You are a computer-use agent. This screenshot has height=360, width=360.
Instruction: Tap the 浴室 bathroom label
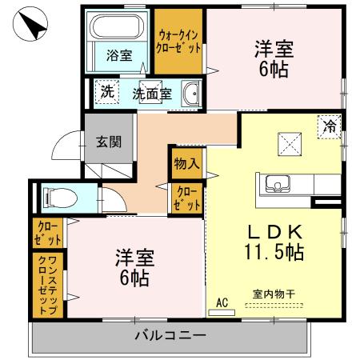coord(120,56)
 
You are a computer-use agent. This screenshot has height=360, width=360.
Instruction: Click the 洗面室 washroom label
coord(151,93)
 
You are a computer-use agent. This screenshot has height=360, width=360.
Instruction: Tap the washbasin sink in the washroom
coord(191,94)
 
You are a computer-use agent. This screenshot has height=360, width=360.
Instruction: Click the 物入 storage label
coord(186,164)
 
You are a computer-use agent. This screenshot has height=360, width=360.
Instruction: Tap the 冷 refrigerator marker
coord(329,126)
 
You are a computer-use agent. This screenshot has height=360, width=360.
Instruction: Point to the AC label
coord(223,302)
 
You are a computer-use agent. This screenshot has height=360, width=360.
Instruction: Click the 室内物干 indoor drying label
coord(274,294)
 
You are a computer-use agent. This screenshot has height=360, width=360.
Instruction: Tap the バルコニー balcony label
coord(170,334)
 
